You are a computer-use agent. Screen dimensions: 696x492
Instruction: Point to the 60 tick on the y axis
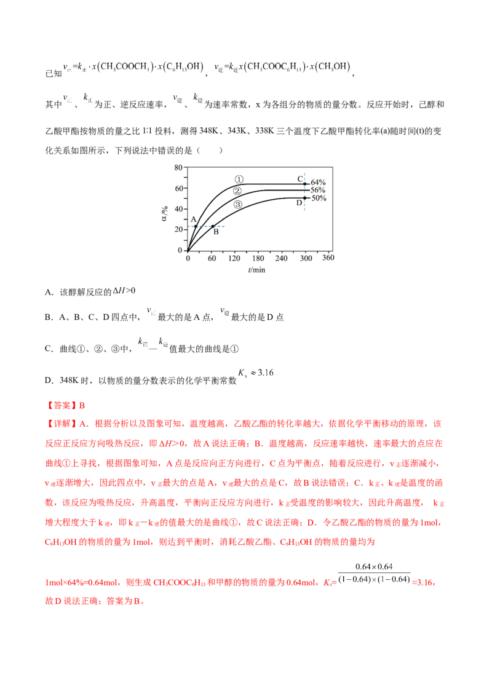tap(187, 188)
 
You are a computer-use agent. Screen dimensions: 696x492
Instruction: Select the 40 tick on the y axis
tap(187, 208)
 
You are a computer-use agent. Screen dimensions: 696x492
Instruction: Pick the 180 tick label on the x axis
tap(258, 258)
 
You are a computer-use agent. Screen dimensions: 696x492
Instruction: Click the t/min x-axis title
tap(256, 269)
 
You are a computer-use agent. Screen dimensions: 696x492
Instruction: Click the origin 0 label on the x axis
tap(187, 258)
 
